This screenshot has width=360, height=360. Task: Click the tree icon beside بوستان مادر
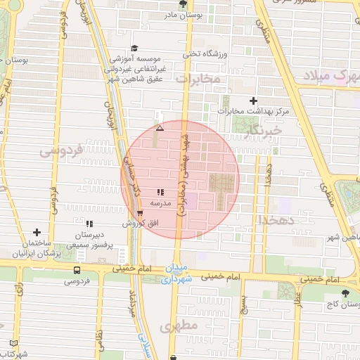click(x=184, y=4)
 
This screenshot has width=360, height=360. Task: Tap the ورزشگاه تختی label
click(x=202, y=54)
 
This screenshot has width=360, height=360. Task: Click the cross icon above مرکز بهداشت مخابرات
click(x=254, y=101)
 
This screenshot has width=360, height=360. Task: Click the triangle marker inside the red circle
click(x=160, y=128)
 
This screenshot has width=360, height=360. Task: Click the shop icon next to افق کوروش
click(x=140, y=213)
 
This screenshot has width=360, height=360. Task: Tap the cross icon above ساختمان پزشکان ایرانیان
click(x=37, y=233)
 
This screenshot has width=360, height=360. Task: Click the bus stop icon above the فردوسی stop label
click(x=77, y=270)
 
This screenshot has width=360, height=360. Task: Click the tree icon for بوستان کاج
click(x=345, y=294)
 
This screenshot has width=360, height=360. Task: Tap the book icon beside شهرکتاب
click(x=13, y=343)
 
